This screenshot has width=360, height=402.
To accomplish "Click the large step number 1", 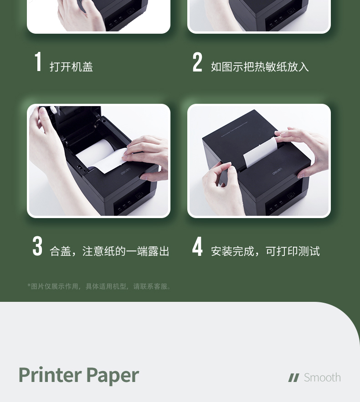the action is pyautogui.click(x=38, y=61).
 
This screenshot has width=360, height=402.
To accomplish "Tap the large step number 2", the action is pyautogui.click(x=197, y=62).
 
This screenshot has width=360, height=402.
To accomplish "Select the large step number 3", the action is pyautogui.click(x=37, y=246).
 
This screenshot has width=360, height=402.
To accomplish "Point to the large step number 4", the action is pyautogui.click(x=197, y=246).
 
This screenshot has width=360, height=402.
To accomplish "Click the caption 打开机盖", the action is pyautogui.click(x=71, y=66).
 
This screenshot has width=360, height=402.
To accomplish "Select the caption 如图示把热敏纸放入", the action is pyautogui.click(x=260, y=66).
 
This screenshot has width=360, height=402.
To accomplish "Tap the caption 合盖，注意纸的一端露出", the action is pyautogui.click(x=109, y=251).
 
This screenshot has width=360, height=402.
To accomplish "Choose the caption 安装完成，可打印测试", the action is pyautogui.click(x=265, y=251).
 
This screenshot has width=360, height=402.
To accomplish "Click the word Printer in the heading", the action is pyautogui.click(x=50, y=375).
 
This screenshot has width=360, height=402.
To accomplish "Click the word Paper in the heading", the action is pyautogui.click(x=113, y=376).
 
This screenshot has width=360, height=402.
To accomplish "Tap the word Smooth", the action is pyautogui.click(x=322, y=377).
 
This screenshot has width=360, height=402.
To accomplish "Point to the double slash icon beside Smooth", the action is pyautogui.click(x=293, y=378).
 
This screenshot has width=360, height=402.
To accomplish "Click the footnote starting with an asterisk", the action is pyautogui.click(x=99, y=286).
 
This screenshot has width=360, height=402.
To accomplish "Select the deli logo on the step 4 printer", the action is pyautogui.click(x=277, y=171).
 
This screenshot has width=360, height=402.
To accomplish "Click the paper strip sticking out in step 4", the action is pyautogui.click(x=260, y=153).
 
